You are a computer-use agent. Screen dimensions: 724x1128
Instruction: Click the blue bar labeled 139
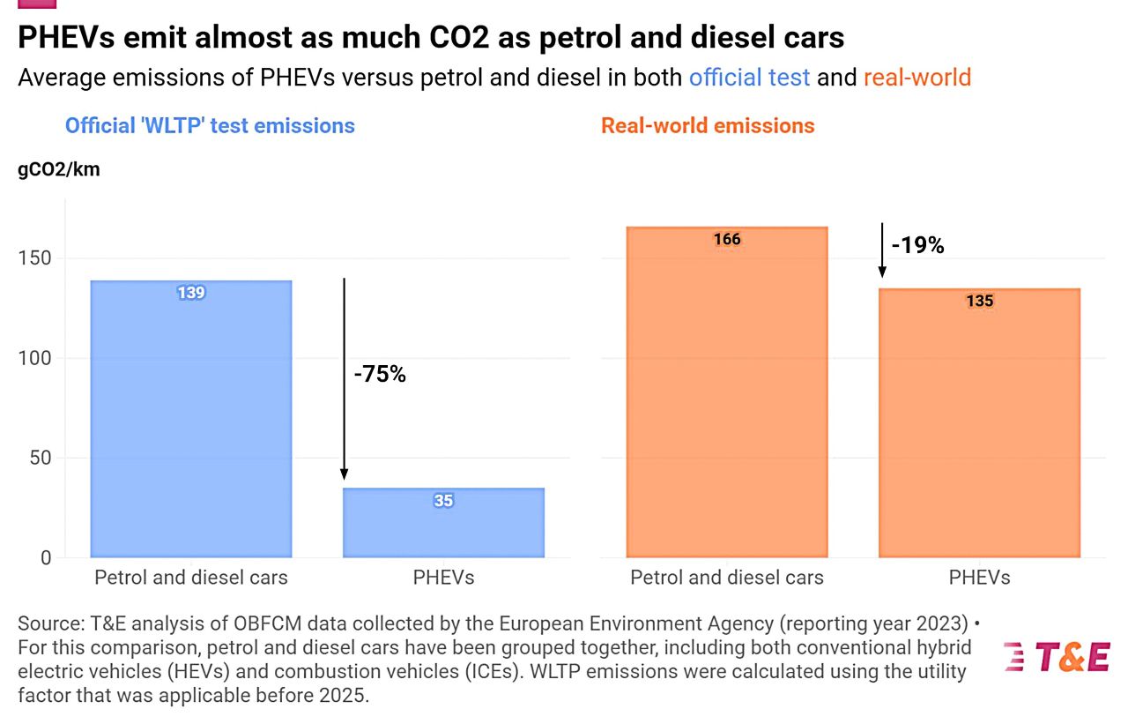pyautogui.click(x=191, y=419)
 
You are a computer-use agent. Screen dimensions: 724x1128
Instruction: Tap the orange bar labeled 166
pyautogui.click(x=727, y=392)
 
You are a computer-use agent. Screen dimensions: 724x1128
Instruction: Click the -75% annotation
pyautogui.click(x=380, y=374)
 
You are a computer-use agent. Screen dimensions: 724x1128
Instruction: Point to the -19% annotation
pyautogui.click(x=917, y=246)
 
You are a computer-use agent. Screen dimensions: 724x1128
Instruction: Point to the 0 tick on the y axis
pyautogui.click(x=46, y=557)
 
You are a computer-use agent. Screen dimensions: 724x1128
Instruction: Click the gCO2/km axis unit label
pyautogui.click(x=59, y=170)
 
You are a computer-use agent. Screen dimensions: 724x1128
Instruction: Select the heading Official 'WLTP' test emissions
pyautogui.click(x=210, y=125)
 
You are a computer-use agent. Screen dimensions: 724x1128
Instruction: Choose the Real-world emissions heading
pyautogui.click(x=708, y=125)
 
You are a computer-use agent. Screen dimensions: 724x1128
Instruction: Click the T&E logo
pyautogui.click(x=1057, y=657)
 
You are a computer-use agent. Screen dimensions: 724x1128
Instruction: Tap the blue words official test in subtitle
pyautogui.click(x=749, y=78)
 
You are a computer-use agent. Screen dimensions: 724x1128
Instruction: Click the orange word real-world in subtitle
pyautogui.click(x=916, y=78)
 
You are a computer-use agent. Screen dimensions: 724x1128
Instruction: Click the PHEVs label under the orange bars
pyautogui.click(x=979, y=578)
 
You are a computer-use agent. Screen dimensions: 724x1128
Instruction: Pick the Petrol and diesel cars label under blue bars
pyautogui.click(x=191, y=578)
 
